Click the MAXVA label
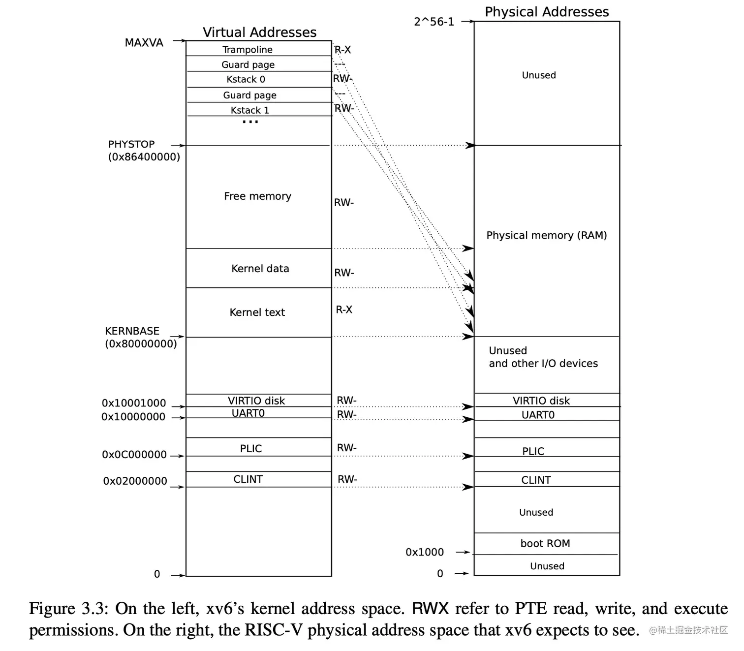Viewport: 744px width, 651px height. point(144,43)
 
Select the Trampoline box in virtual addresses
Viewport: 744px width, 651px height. point(247,49)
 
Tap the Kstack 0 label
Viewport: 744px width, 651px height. point(246,79)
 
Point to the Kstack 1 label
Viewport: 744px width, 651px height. point(249,110)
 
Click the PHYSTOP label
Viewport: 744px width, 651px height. point(131,144)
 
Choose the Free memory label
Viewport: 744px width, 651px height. point(257,196)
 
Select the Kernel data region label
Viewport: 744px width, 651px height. point(260,268)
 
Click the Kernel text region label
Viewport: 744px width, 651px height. point(257,312)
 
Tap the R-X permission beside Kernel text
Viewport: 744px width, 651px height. point(344,310)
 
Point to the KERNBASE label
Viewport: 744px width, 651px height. point(132,331)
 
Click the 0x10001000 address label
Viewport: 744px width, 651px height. point(134,403)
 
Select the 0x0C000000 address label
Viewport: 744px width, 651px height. point(134,455)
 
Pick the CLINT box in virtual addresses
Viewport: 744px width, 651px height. point(248,479)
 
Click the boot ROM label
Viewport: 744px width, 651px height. point(545,543)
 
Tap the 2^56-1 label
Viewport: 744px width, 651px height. point(434,22)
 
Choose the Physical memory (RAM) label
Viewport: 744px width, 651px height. point(546,235)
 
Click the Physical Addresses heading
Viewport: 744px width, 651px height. point(547,12)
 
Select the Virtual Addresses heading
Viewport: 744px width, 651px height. point(259,32)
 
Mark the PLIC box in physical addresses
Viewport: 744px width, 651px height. point(533,451)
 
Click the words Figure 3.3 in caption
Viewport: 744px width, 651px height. point(68,609)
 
